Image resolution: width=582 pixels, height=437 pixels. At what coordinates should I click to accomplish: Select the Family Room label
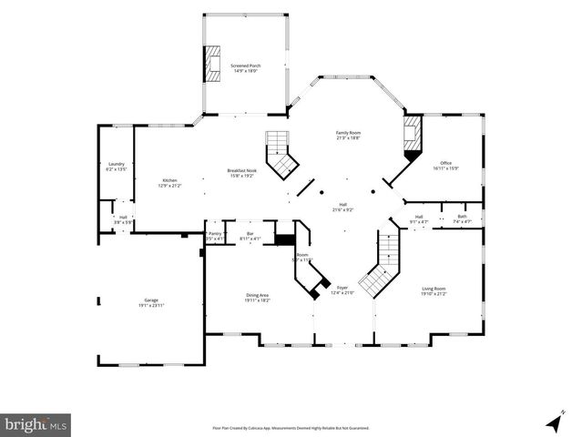pos(349,136)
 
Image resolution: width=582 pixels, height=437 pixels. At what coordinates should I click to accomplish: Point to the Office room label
pos(445,166)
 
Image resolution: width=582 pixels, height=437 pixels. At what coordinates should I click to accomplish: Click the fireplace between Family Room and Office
pos(413,137)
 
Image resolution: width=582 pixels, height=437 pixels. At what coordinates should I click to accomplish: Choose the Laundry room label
pos(116,167)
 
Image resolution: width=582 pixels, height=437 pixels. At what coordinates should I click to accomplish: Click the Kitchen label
pos(170,182)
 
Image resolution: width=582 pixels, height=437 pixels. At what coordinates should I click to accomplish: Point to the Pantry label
pos(215,236)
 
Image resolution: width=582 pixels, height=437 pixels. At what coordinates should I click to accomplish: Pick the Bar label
pos(250,236)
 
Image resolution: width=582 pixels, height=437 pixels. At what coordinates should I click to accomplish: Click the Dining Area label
pos(258,297)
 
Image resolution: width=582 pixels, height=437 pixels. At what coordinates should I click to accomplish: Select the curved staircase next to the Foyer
pos(380,269)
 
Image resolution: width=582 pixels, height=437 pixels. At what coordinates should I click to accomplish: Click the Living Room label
pos(434,291)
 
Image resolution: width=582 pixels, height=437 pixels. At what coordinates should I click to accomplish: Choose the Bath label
pos(462,218)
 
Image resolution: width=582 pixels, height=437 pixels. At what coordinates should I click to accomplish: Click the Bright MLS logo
pos(36,424)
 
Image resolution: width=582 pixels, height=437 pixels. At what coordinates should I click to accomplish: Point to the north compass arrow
pos(552,422)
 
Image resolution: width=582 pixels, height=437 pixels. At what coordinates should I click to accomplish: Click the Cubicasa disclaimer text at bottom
pos(291,426)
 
